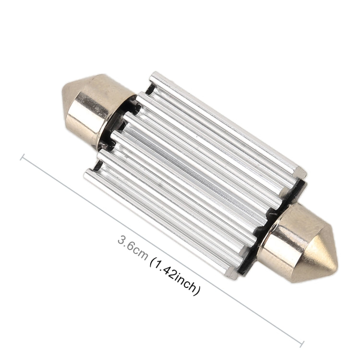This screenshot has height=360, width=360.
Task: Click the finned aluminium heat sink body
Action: pos(197,173)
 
